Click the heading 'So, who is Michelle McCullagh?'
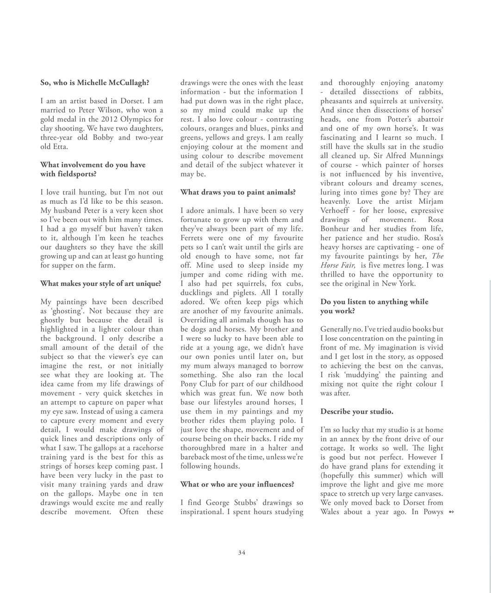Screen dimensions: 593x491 coord(94,83)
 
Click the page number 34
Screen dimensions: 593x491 coord(242,552)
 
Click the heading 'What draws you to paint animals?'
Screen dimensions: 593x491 coord(237,192)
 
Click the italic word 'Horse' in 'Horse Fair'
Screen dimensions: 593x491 coord(331,265)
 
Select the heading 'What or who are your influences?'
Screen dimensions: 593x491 coord(237,485)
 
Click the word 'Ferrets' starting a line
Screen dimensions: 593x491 coord(192,238)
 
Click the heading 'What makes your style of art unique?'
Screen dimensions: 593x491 coord(100,284)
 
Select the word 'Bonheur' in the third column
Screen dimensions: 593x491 coord(336,229)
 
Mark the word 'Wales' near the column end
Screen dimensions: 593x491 coord(331,512)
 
